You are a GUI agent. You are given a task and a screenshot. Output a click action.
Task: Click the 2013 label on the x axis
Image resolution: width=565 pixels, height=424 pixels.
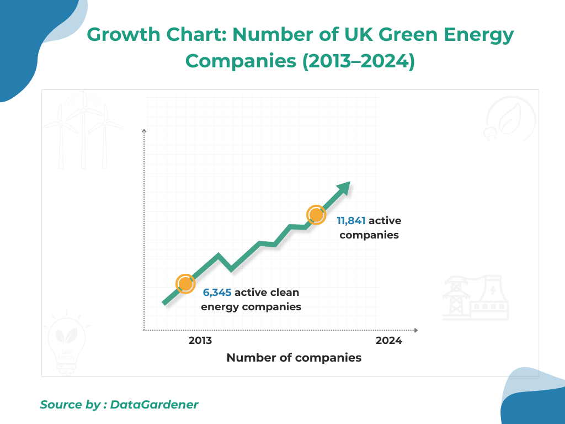(x=200, y=341)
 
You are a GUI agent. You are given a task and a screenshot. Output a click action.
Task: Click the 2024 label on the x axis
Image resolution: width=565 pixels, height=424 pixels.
(x=389, y=341)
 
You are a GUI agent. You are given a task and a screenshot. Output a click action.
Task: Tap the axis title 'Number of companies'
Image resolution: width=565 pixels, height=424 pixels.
(x=294, y=358)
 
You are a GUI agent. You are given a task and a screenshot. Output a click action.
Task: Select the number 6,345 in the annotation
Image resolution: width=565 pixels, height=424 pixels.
(x=217, y=293)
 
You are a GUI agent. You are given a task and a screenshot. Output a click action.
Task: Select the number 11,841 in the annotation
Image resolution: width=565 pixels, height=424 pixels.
(x=351, y=221)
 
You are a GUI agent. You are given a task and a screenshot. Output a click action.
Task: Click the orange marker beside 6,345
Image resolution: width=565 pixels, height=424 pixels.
(x=185, y=284)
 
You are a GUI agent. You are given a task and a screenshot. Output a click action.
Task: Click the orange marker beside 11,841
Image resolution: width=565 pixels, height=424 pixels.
(x=316, y=215)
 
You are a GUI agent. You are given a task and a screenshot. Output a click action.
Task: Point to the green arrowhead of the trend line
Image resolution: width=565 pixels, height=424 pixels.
(x=344, y=188)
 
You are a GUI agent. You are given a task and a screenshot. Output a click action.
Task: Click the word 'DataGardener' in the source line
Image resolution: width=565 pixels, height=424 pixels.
(x=154, y=405)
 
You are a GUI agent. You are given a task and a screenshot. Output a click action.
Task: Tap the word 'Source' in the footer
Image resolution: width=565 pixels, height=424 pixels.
(x=61, y=405)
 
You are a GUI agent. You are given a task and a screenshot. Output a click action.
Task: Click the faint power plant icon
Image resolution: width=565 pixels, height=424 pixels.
(x=476, y=298)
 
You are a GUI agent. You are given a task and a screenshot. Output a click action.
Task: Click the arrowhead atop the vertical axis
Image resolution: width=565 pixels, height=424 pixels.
(x=144, y=131)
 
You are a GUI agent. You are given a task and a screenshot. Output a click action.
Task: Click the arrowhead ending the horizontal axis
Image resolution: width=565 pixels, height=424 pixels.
(x=415, y=331)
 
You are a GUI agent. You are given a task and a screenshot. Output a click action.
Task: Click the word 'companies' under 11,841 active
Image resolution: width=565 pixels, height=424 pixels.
(x=369, y=235)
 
